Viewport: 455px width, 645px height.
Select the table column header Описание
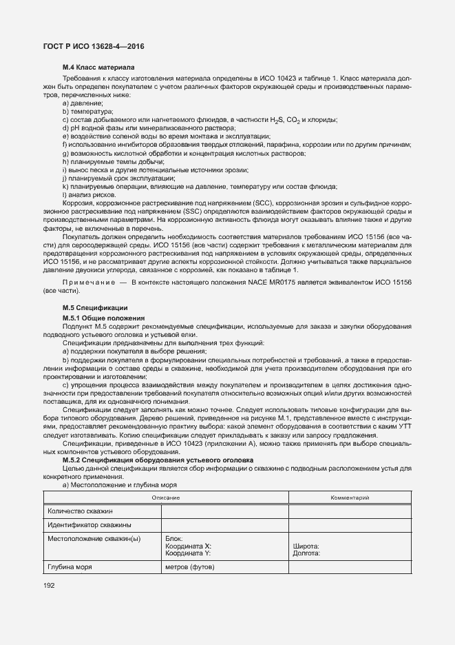pos(166,496)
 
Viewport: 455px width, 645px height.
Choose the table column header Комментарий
pos(350,496)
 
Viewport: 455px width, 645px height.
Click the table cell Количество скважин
pos(80,511)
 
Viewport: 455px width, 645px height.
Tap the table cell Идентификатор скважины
pos(85,525)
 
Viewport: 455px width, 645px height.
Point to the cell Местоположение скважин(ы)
pos(94,539)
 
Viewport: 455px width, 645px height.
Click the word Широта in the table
pos(306,546)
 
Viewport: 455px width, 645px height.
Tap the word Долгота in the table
pos(308,553)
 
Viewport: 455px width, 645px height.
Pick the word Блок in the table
pos(174,539)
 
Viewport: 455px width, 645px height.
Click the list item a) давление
pos(83,103)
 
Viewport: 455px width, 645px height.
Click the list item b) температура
pos(87,111)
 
